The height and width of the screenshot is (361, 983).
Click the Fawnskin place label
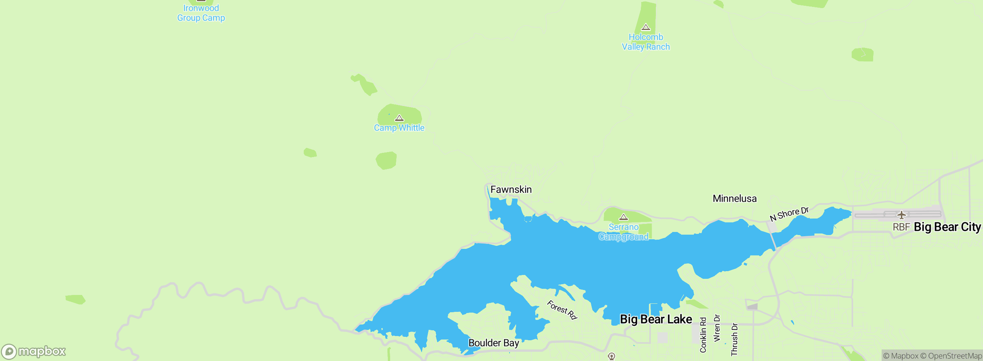tap(511, 190)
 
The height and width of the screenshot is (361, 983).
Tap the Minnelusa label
tap(735, 199)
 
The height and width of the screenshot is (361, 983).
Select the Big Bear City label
tap(947, 227)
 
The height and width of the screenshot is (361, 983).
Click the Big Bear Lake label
tap(656, 319)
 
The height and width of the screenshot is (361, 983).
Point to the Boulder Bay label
tap(493, 343)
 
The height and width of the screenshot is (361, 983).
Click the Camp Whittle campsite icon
tap(399, 118)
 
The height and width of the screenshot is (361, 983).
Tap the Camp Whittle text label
tap(399, 128)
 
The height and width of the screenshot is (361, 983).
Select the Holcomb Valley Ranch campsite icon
tap(646, 27)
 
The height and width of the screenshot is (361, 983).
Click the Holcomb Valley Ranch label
tap(646, 42)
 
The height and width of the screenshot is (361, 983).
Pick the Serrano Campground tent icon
tap(624, 217)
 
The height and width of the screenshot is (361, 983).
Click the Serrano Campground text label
tap(624, 232)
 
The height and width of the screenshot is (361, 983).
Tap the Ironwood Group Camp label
tap(201, 13)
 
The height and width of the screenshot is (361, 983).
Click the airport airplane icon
tap(901, 215)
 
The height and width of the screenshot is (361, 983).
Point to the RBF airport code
tap(901, 227)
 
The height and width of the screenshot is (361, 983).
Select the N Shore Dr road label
tap(789, 214)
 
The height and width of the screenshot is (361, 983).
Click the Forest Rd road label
tap(562, 310)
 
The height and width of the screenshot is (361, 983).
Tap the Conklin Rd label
tap(703, 335)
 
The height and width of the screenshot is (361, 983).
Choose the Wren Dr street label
tap(717, 328)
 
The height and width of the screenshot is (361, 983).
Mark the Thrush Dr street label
tap(734, 339)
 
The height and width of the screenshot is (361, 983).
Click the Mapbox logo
tap(34, 351)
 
